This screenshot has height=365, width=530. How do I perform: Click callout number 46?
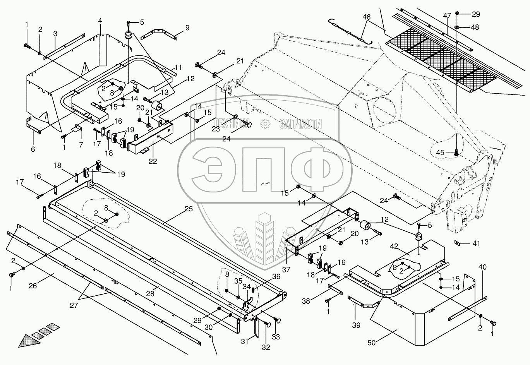click(x=367, y=17)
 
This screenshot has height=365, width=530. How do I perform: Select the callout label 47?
click(x=447, y=15)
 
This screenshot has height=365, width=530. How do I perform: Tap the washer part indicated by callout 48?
click(x=457, y=27)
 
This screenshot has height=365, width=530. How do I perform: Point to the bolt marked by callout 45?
click(x=456, y=153)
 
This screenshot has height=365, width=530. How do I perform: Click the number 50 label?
click(x=372, y=343)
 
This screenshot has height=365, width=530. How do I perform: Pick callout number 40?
click(x=482, y=267)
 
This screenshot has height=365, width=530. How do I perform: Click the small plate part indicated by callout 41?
click(x=458, y=243)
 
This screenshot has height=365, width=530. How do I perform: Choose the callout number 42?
click(x=394, y=246)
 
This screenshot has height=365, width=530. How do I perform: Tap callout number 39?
click(x=356, y=325)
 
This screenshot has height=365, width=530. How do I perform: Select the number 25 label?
click(x=189, y=209)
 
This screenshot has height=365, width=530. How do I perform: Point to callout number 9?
click(x=187, y=28)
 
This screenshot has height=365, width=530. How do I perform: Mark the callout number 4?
click(x=100, y=21)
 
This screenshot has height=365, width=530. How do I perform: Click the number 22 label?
click(x=153, y=161)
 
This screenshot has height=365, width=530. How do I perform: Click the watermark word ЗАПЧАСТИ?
click(x=300, y=124)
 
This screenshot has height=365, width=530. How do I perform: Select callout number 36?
click(x=276, y=276)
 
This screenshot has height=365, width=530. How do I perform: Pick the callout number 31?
click(x=245, y=341)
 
